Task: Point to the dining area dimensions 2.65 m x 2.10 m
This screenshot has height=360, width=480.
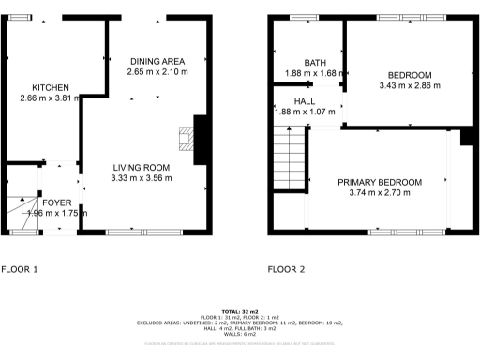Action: pos(157,70)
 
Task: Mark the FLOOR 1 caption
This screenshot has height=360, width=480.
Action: pos(20,270)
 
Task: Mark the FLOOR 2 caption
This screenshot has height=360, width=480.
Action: pos(287,270)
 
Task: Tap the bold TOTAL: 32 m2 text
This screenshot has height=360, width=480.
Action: pos(240,311)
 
